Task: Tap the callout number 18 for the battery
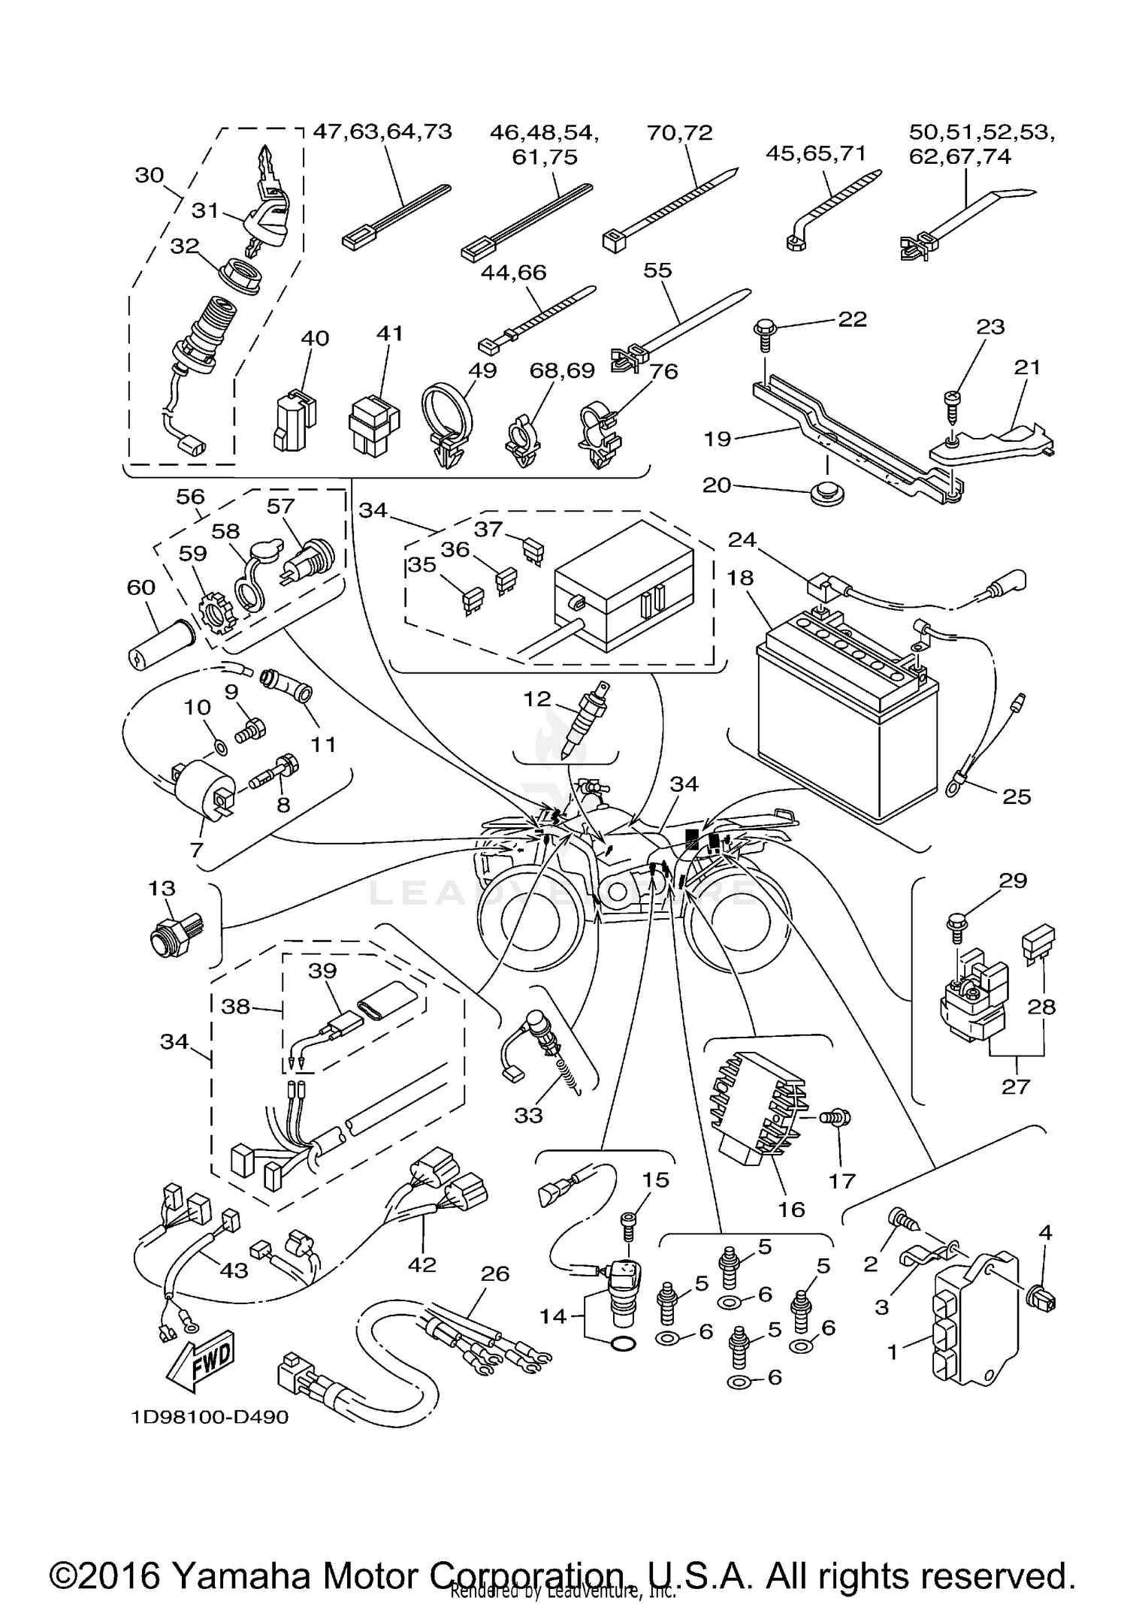pos(740,578)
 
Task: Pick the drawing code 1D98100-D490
pos(210,1418)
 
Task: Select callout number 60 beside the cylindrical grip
pos(140,587)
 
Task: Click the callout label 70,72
pos(679,132)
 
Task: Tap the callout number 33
pos(528,1115)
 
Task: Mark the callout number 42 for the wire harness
pos(421,1264)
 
